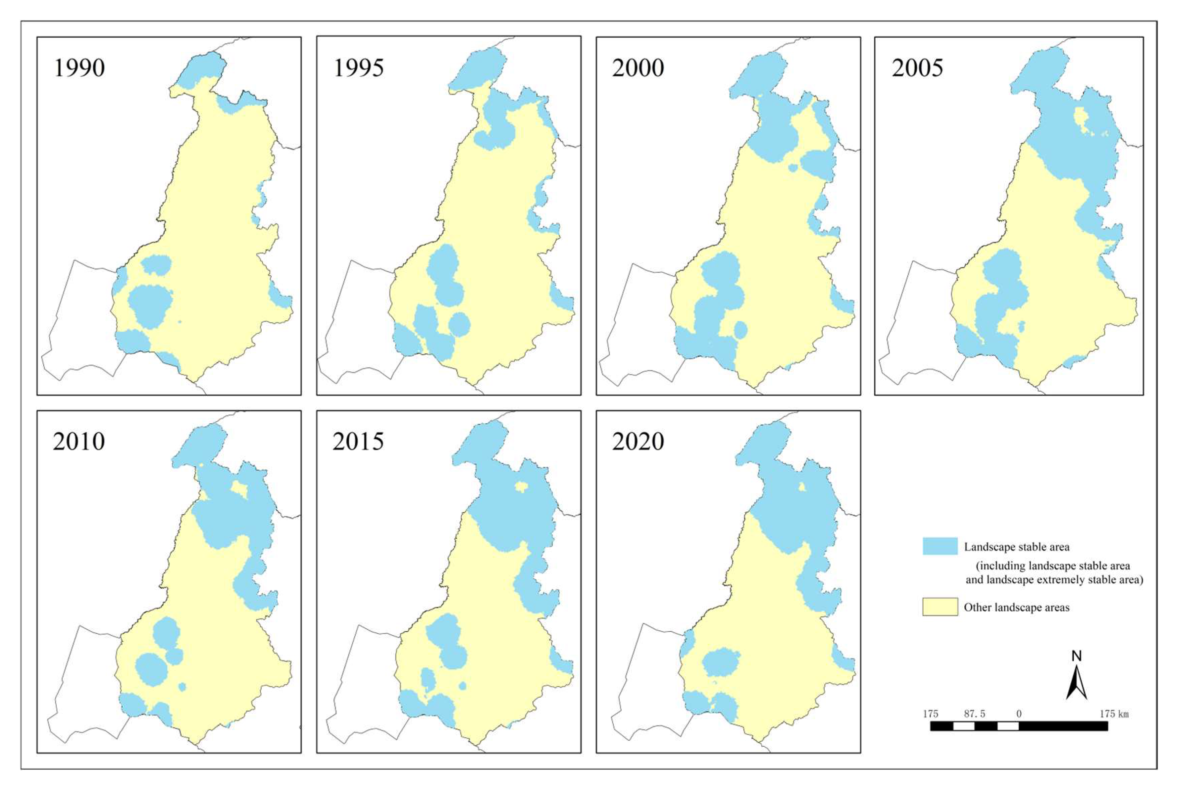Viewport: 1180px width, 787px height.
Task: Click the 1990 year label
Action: [x=79, y=68]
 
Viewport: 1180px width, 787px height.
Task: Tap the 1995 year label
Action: [x=358, y=68]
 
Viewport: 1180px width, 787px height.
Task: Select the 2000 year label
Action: [x=638, y=68]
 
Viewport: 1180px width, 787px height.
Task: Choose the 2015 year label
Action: [x=358, y=442]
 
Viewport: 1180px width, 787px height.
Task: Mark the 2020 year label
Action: [x=638, y=442]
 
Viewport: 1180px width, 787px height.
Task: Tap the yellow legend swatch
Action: [x=940, y=607]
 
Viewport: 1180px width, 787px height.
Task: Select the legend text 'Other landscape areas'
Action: [x=1016, y=607]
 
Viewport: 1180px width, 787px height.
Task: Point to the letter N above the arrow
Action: [x=1076, y=656]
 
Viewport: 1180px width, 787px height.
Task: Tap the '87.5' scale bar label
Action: [x=974, y=714]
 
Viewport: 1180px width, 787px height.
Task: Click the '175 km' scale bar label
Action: [x=1114, y=714]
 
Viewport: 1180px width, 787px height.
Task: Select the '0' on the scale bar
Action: [x=1018, y=714]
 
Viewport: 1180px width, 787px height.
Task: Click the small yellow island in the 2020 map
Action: [x=802, y=487]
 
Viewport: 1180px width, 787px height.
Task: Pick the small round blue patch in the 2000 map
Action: [x=740, y=330]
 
